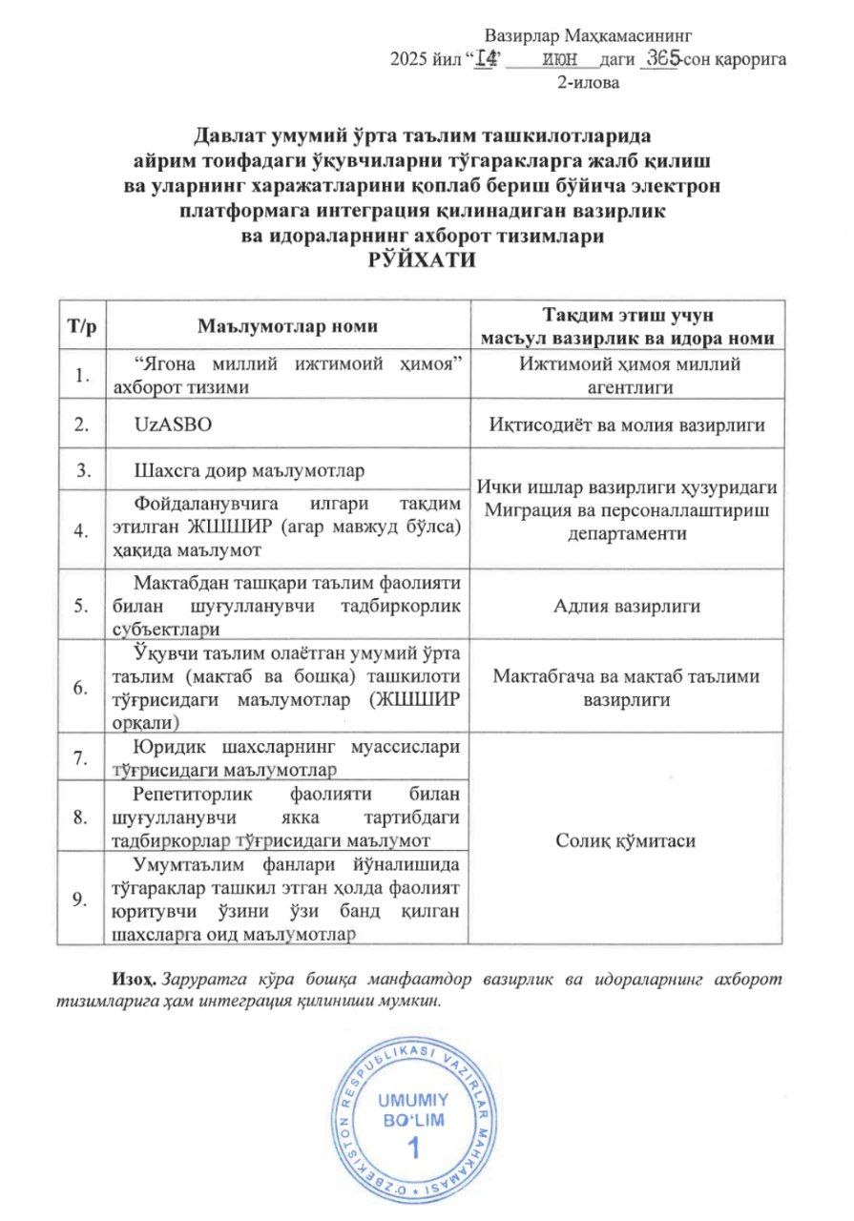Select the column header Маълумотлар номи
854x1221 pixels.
point(286,326)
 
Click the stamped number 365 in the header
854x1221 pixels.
point(661,59)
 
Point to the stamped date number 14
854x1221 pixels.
point(488,59)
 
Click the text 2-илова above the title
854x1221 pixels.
point(588,82)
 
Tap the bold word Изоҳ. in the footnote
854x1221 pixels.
point(135,980)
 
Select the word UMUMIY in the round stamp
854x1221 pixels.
point(413,1098)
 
